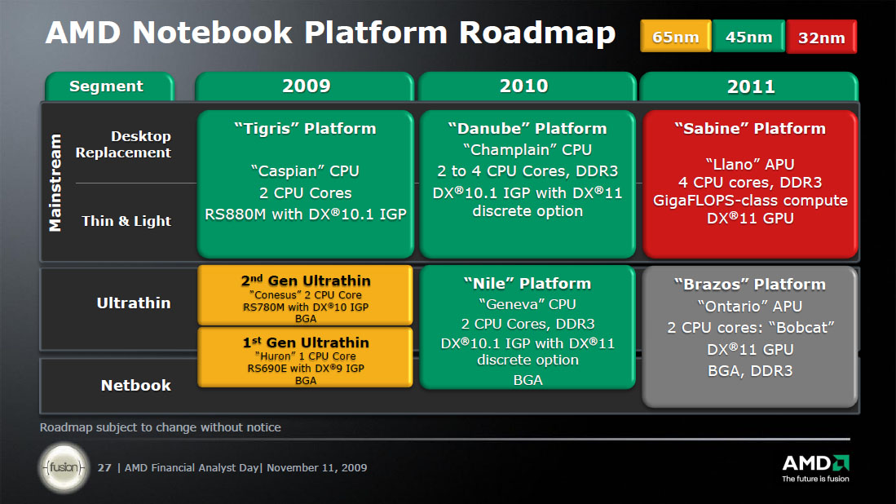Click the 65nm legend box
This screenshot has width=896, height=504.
(675, 37)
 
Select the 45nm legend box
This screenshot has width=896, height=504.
(748, 37)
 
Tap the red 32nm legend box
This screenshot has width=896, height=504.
(821, 38)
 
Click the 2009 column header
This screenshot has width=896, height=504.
(305, 86)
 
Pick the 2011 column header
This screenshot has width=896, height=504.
(749, 86)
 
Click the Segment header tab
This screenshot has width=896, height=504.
(108, 86)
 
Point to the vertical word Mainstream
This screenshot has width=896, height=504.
(55, 183)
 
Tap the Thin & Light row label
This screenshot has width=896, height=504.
(126, 221)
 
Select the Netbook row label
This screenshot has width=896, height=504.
(136, 386)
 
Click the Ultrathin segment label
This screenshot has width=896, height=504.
(134, 303)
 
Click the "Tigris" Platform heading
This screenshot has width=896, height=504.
(305, 129)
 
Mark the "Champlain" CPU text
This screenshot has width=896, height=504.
(527, 150)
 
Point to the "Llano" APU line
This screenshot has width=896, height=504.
(750, 165)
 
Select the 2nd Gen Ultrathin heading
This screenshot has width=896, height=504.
(306, 281)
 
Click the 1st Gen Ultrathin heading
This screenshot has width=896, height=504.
(306, 343)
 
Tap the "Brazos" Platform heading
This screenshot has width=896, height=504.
(750, 284)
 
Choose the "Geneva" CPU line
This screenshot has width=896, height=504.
(527, 304)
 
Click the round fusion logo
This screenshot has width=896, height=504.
(64, 468)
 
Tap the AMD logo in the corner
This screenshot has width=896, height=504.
(815, 468)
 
